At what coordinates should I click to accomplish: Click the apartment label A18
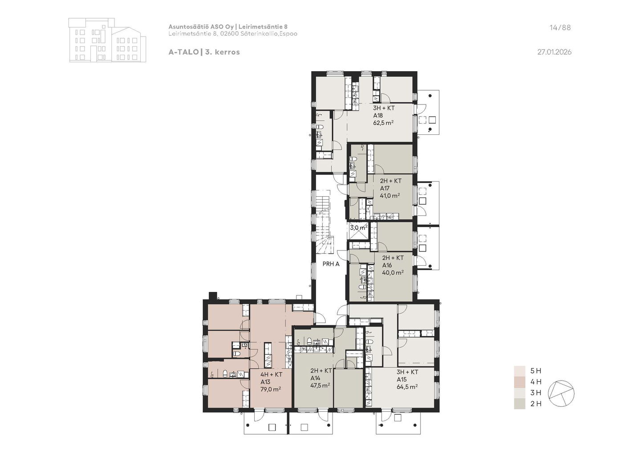tap(378, 116)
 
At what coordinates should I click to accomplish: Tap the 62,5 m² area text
tap(383, 123)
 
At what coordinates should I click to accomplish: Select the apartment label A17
tap(385, 188)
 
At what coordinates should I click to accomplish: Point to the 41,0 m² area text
tap(390, 195)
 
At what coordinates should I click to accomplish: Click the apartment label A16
tap(387, 265)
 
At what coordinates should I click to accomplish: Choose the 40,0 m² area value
tap(393, 272)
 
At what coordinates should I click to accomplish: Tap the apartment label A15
tap(402, 380)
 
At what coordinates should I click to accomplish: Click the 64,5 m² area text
tap(407, 387)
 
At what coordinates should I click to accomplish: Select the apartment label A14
tap(315, 378)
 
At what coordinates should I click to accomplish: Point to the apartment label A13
tap(265, 382)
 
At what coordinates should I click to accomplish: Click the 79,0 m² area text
tap(271, 389)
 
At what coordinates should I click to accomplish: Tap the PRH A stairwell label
tap(331, 264)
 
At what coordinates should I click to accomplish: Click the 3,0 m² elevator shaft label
tap(359, 228)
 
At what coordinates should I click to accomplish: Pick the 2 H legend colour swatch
tap(519, 404)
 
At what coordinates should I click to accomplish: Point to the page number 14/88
tap(560, 28)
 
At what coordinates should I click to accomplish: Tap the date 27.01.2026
tap(554, 52)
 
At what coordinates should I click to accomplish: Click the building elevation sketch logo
tap(107, 40)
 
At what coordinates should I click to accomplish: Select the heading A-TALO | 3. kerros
tap(204, 52)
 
